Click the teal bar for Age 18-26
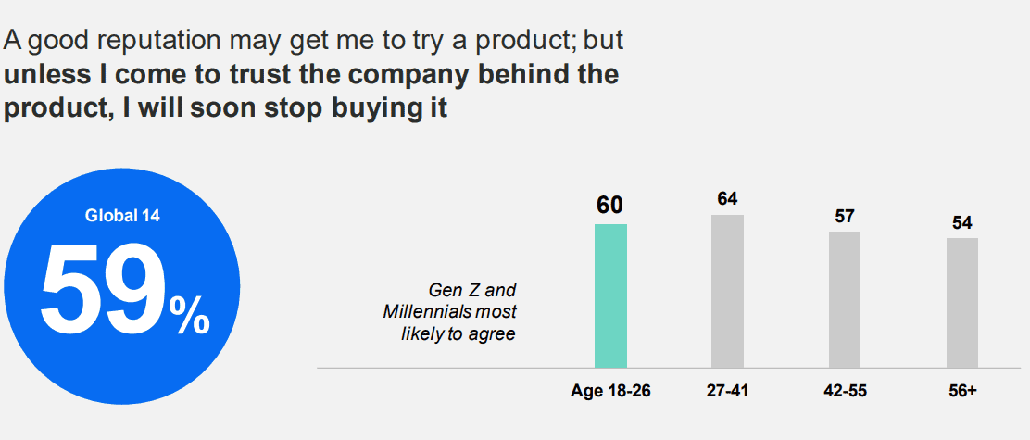(x=610, y=295)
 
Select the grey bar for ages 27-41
(x=727, y=291)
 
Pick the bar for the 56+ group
(x=961, y=303)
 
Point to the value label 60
(x=609, y=206)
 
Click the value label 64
(x=727, y=198)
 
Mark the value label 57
(x=844, y=216)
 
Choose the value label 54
(x=961, y=222)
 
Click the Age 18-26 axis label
(x=610, y=391)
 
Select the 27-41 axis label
(x=727, y=391)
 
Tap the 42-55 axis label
(x=845, y=391)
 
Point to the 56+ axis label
(x=961, y=391)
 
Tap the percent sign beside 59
(x=189, y=318)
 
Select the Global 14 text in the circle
(x=122, y=216)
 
